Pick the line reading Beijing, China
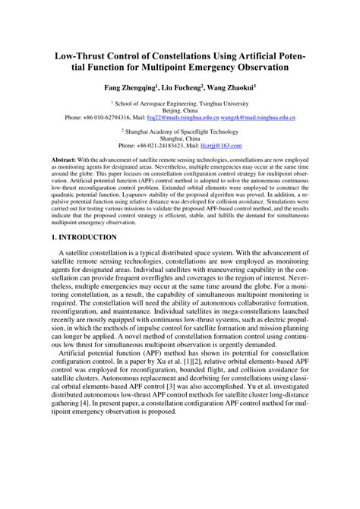(x=179, y=111)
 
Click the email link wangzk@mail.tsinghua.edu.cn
(x=258, y=119)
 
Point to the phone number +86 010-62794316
(x=106, y=119)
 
